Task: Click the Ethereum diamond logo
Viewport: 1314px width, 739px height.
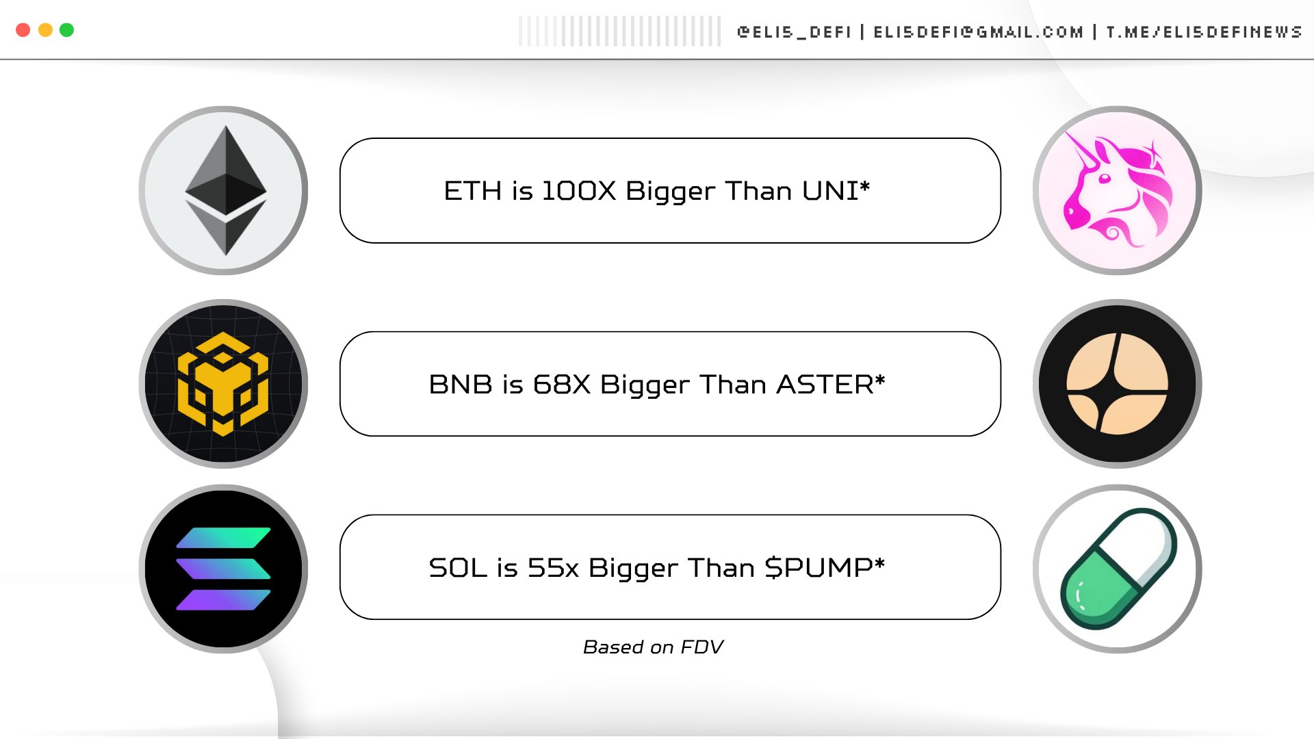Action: click(x=225, y=190)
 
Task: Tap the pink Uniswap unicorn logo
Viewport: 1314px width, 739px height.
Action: click(x=1117, y=191)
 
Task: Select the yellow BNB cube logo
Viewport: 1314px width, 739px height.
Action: click(x=223, y=384)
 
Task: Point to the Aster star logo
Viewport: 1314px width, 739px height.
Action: click(x=1117, y=384)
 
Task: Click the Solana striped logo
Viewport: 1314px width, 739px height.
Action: click(x=223, y=569)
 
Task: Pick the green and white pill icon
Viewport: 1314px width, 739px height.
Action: click(x=1118, y=569)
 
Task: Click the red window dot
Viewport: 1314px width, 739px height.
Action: click(x=23, y=30)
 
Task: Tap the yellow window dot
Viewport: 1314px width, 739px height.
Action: click(x=45, y=30)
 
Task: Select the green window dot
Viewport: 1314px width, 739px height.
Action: click(x=66, y=30)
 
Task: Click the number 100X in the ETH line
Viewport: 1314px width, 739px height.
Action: click(x=579, y=191)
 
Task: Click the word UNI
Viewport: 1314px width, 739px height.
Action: click(x=830, y=191)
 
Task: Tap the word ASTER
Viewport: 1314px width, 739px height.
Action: click(x=825, y=385)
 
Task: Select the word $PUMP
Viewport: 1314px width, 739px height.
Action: click(x=819, y=568)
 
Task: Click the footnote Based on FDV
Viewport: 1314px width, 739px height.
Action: click(x=653, y=647)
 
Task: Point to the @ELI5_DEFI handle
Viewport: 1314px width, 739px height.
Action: click(x=794, y=32)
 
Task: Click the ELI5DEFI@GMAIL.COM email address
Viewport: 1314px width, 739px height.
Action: click(x=979, y=32)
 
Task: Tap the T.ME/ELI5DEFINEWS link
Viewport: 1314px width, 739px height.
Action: click(x=1204, y=32)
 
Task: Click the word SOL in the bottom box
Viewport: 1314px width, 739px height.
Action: click(x=458, y=568)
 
